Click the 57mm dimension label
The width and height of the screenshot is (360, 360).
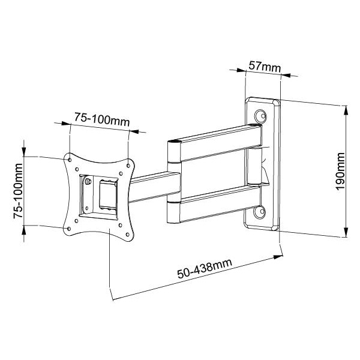(x=265, y=67)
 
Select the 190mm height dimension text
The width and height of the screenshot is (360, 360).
(x=340, y=171)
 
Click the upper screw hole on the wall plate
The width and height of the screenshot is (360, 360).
(x=261, y=116)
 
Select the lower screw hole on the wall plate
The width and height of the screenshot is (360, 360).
(x=260, y=212)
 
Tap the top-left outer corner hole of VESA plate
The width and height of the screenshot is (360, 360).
(x=69, y=160)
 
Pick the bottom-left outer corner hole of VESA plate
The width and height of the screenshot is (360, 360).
(x=68, y=226)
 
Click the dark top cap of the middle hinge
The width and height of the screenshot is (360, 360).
(x=173, y=142)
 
